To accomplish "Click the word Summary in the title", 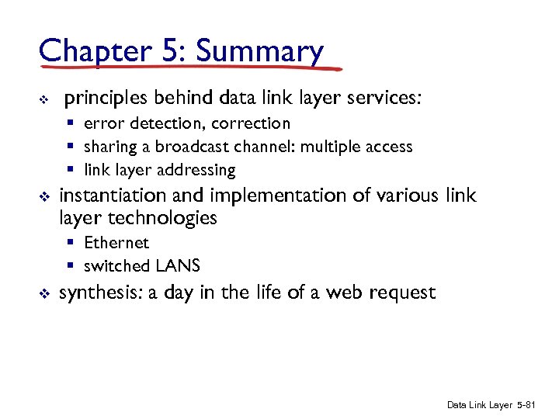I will point(259,52).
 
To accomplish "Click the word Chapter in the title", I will point(93,52).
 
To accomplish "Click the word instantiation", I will point(115,196).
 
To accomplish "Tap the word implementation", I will point(285,196).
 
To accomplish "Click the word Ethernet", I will point(116,243).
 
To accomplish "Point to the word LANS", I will point(178,266).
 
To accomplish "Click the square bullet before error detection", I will point(70,124).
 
